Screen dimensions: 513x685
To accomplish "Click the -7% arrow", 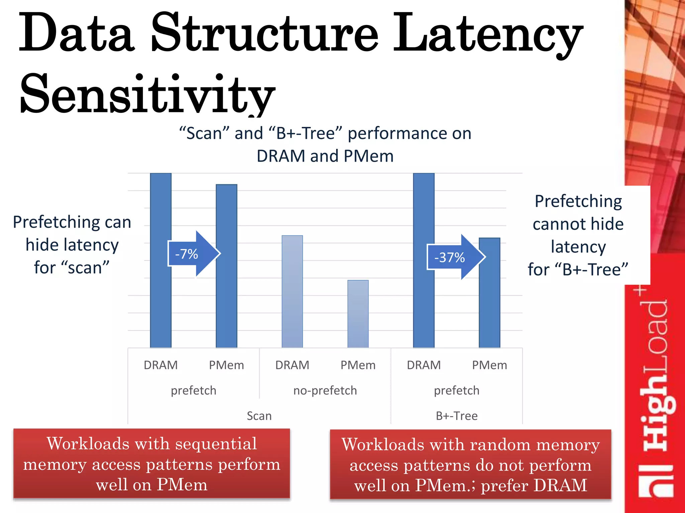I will point(193,254).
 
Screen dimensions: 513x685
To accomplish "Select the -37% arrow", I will point(455,257).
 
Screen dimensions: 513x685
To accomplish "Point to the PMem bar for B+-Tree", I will point(489,301).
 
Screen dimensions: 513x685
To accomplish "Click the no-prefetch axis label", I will point(325,390).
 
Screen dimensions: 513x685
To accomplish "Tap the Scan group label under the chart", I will point(259,416).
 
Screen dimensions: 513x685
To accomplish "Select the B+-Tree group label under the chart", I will point(457,416).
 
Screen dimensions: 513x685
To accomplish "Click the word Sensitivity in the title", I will point(147,94).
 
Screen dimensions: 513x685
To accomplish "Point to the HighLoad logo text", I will point(656,394).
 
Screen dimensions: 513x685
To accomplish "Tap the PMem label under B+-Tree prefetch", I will point(489,365).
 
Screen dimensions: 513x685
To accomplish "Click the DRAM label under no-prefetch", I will point(292,365).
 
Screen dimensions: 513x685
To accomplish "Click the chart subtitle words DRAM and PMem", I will point(325,156).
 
